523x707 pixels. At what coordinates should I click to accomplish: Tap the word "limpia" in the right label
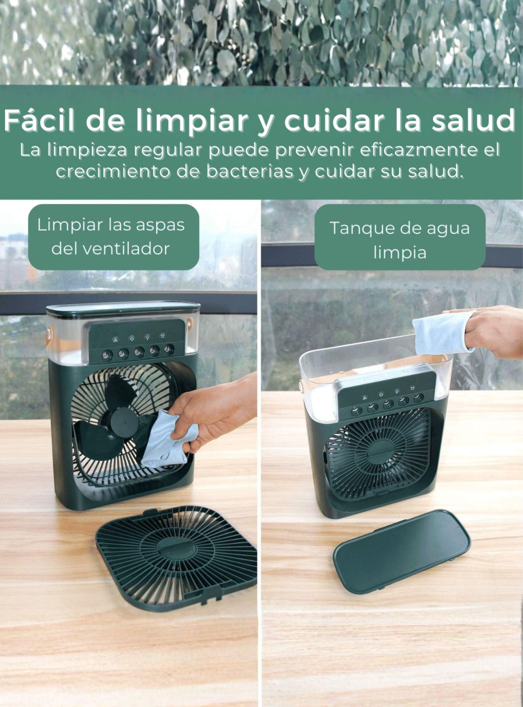click(400, 253)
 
